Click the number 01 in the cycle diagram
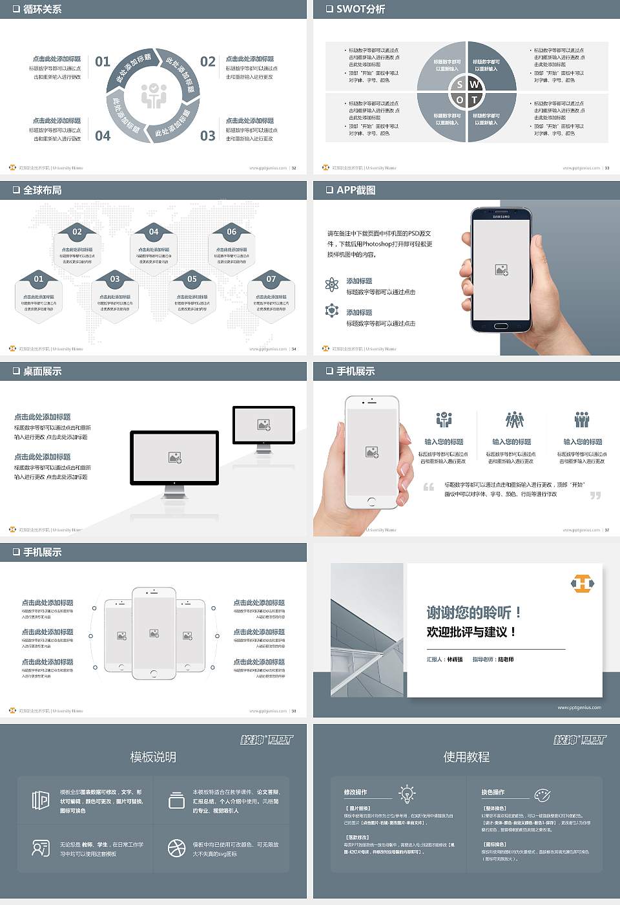[103, 61]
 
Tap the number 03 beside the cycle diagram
[207, 136]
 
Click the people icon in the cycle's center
[154, 96]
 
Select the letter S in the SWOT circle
[459, 85]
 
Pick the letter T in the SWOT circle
[475, 100]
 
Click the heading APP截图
[355, 190]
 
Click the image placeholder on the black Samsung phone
[501, 270]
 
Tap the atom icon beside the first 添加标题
[332, 284]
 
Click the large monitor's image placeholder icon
[174, 458]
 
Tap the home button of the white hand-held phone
[371, 501]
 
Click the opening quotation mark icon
[429, 487]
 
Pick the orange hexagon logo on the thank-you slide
[583, 584]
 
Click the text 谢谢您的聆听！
[473, 612]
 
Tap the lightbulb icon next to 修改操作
[407, 793]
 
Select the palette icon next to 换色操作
[542, 794]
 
